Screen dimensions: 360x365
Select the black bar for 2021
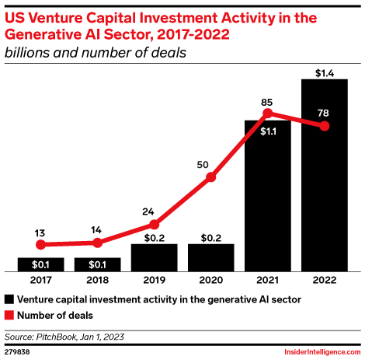point(268,195)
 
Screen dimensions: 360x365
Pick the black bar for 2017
point(40,264)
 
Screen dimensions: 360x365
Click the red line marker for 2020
point(211,178)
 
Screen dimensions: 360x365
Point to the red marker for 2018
point(97,243)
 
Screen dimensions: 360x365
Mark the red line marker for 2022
point(325,127)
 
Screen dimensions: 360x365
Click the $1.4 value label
point(325,73)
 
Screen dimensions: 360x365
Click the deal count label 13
point(40,231)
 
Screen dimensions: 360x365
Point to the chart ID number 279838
point(17,352)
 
